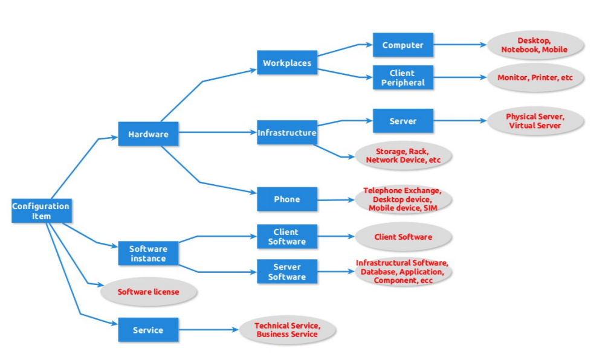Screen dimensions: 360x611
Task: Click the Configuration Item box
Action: [x=41, y=211]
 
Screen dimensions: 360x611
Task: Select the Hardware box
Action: [x=148, y=134]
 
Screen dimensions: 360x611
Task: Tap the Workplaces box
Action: [x=287, y=63]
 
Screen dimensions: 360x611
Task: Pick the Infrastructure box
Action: [x=287, y=132]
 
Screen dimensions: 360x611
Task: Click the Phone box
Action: [x=287, y=199]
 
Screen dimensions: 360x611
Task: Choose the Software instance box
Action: [x=148, y=253]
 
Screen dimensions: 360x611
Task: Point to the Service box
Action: [x=148, y=330]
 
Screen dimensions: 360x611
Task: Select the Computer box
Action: [x=402, y=45]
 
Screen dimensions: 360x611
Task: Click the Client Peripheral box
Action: [x=402, y=78]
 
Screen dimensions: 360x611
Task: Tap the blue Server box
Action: [x=402, y=121]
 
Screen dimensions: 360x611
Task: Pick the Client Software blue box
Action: [x=287, y=236]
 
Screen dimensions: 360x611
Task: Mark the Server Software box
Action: [x=287, y=272]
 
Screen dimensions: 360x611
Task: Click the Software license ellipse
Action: [x=148, y=292]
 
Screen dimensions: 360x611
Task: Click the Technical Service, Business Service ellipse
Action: [x=287, y=330]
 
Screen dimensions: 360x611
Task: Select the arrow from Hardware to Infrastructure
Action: [x=218, y=132]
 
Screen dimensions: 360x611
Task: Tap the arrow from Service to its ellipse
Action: [x=209, y=330]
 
